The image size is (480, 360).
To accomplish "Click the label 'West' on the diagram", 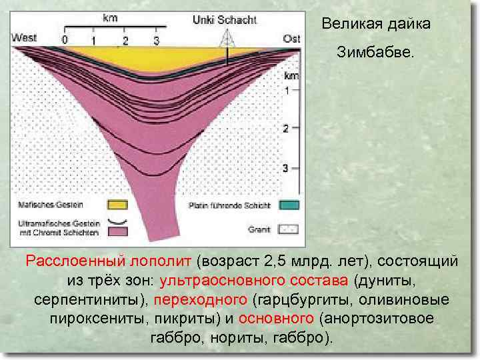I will tap(24, 38).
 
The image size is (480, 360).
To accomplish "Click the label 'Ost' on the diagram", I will tap(291, 39).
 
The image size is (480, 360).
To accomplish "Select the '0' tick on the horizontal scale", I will tap(65, 41).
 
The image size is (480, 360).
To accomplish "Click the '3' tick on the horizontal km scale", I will tap(156, 41).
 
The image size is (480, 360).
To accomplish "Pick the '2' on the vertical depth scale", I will tap(285, 129).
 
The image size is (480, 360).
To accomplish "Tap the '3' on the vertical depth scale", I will tap(285, 168).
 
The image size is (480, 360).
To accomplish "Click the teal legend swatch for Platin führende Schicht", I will tap(290, 205).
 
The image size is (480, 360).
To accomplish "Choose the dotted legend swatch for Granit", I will tap(290, 229).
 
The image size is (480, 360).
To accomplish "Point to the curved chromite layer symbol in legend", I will tap(118, 220).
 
